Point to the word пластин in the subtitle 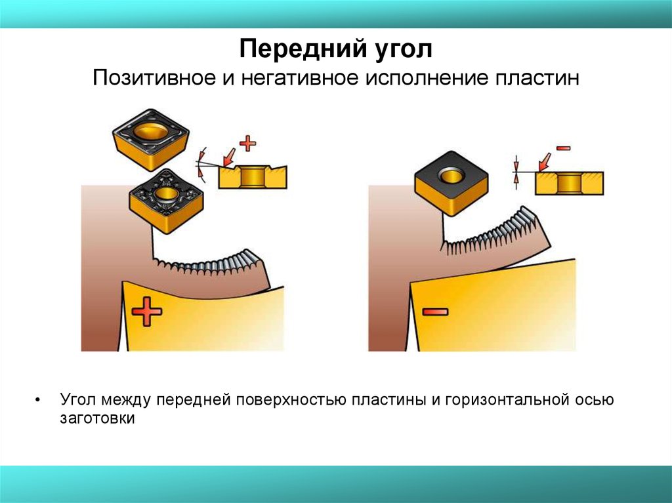538,79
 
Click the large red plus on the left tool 146,312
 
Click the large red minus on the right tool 435,312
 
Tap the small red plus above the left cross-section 247,144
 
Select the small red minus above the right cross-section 563,148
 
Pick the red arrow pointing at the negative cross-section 545,163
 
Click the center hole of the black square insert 451,175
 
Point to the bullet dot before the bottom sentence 37,401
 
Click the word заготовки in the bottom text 97,418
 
